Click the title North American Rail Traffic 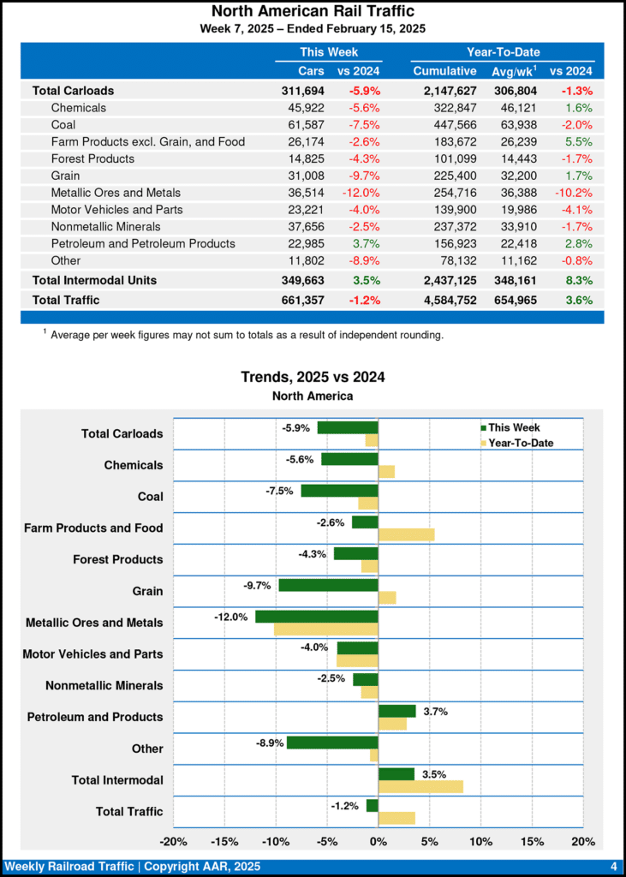click(x=313, y=11)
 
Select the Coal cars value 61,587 click(x=306, y=125)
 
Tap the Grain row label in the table click(x=66, y=176)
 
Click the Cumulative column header click(x=444, y=70)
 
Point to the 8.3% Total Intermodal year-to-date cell click(x=578, y=280)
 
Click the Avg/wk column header click(x=513, y=70)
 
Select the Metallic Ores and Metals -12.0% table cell click(x=361, y=193)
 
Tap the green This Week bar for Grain click(x=328, y=586)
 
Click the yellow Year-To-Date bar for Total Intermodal click(x=420, y=786)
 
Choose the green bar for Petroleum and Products click(x=396, y=711)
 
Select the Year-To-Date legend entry click(x=520, y=443)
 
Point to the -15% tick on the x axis click(x=224, y=841)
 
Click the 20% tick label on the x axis click(x=582, y=841)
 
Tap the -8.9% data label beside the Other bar click(x=269, y=743)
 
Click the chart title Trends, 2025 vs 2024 click(x=313, y=377)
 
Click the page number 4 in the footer click(x=614, y=867)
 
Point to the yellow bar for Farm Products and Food click(x=406, y=534)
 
